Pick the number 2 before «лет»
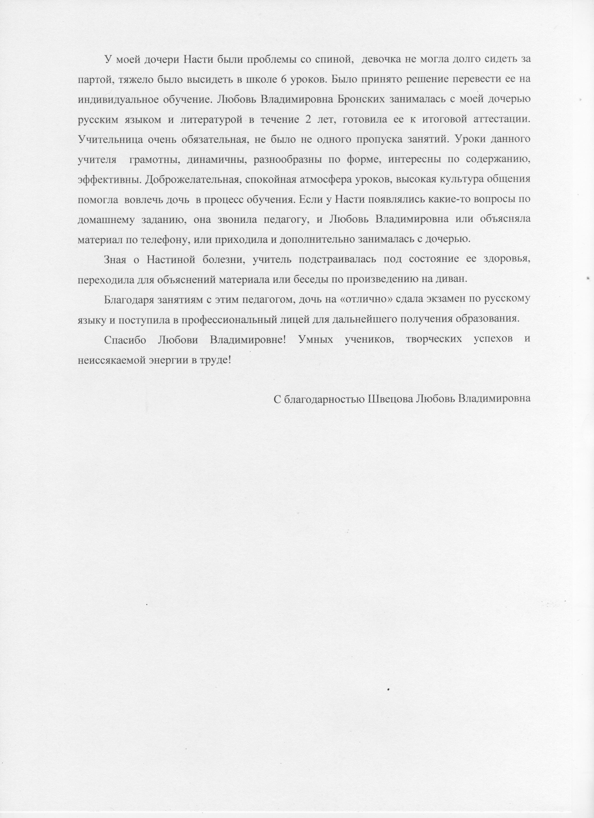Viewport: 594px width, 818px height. click(x=308, y=120)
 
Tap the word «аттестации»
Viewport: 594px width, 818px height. click(x=500, y=120)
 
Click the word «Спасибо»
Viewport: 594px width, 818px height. click(x=125, y=340)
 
